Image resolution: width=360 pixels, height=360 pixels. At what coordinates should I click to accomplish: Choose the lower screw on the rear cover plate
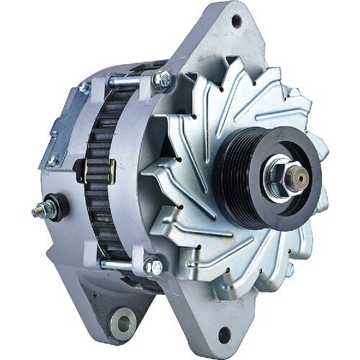(x=51, y=160)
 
